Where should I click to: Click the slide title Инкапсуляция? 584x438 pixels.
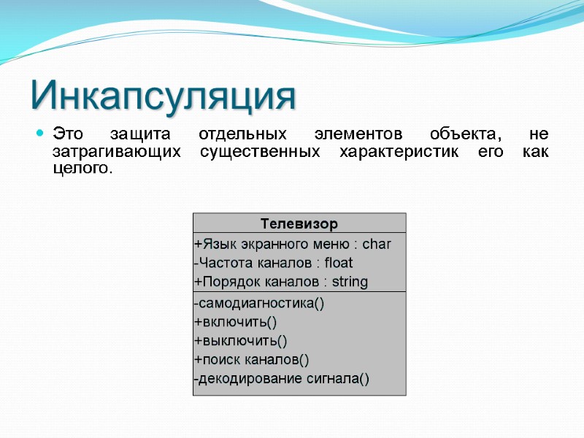pyautogui.click(x=164, y=96)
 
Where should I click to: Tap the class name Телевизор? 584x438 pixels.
pyautogui.click(x=299, y=223)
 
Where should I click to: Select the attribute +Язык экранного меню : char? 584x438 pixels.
pyautogui.click(x=292, y=244)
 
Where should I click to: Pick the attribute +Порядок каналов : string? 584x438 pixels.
pyautogui.click(x=280, y=282)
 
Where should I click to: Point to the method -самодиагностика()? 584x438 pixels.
pyautogui.click(x=258, y=303)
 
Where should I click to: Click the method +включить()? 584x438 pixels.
pyautogui.click(x=235, y=322)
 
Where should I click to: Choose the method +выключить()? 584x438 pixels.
pyautogui.click(x=240, y=341)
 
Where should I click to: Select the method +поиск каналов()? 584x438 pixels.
pyautogui.click(x=251, y=359)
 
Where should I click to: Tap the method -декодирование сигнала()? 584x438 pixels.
pyautogui.click(x=281, y=378)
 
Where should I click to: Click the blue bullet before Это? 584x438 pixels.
pyautogui.click(x=40, y=134)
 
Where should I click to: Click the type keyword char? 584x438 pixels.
pyautogui.click(x=377, y=244)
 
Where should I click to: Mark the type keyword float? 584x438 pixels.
pyautogui.click(x=339, y=263)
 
